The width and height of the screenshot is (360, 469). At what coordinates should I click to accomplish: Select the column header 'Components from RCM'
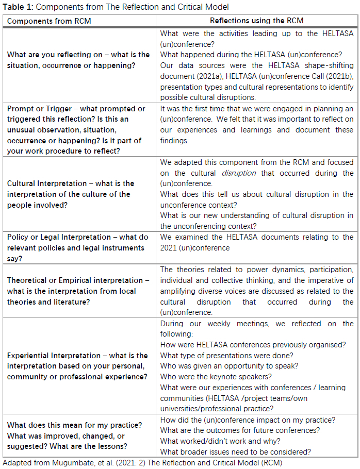[42, 21]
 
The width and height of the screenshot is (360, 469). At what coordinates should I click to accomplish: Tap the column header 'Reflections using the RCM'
[256, 21]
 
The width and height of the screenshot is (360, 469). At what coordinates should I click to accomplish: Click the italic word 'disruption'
[238, 173]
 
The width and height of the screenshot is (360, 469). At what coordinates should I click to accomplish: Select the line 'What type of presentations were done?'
[227, 356]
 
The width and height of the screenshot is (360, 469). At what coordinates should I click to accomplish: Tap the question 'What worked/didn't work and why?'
[220, 441]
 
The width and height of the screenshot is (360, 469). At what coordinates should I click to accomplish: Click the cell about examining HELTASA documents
[256, 242]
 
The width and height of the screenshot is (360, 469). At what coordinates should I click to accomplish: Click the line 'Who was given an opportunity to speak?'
[229, 366]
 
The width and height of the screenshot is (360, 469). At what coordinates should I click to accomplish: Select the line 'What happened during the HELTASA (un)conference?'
[251, 55]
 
